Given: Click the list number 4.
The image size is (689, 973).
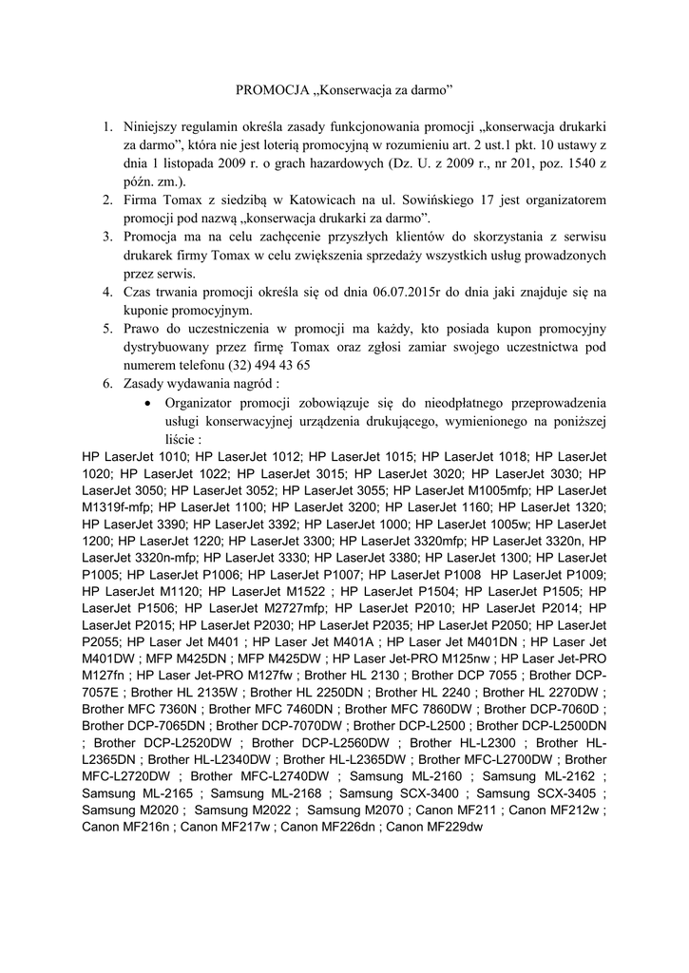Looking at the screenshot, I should coord(107,292).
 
